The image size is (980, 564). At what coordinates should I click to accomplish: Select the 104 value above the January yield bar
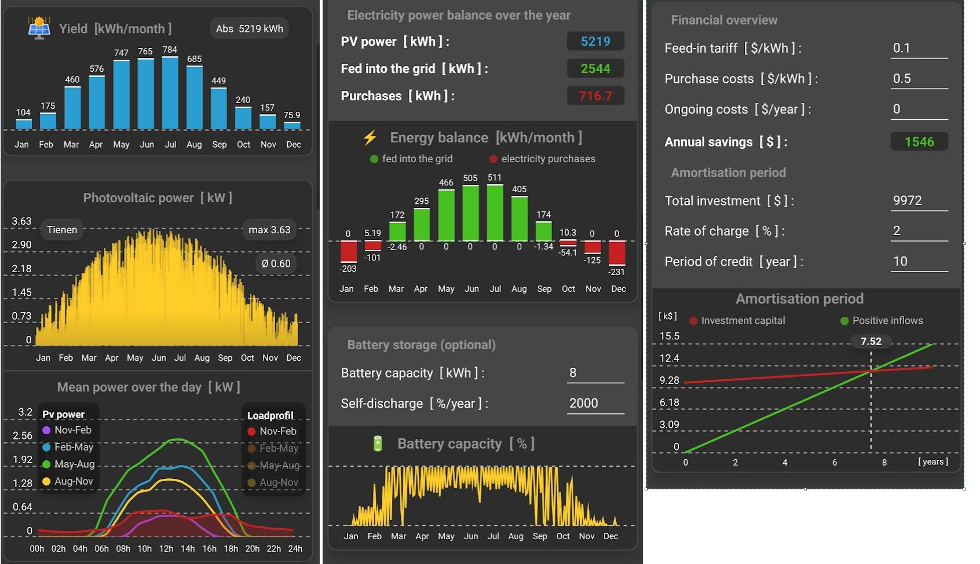click(23, 112)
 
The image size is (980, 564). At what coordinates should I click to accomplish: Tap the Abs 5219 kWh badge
click(249, 28)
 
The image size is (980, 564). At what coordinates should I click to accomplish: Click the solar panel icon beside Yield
click(39, 28)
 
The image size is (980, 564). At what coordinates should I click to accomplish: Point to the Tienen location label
click(62, 230)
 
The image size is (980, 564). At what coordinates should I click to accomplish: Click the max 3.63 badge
click(269, 230)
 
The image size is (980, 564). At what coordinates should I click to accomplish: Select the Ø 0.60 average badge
click(276, 263)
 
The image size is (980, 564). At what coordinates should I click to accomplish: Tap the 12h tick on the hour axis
click(166, 548)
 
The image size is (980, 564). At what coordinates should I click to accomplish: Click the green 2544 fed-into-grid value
click(595, 68)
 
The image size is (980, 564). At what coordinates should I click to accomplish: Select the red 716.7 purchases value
click(595, 96)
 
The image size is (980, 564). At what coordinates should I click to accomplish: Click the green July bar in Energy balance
click(495, 212)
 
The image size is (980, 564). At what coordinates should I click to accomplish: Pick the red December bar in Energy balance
click(617, 253)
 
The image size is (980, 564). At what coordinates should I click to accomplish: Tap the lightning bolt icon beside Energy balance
click(370, 137)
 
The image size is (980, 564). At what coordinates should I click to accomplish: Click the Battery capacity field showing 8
click(595, 373)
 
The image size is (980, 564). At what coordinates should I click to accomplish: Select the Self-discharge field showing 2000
click(595, 404)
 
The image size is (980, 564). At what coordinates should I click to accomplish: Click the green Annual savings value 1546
click(919, 142)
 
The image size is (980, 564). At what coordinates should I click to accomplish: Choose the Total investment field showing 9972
click(919, 201)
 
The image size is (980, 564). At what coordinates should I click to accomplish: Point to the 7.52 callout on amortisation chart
click(871, 342)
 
